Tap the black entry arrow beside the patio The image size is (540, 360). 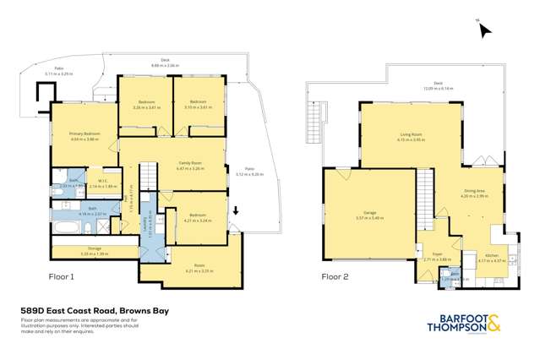[236, 210]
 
